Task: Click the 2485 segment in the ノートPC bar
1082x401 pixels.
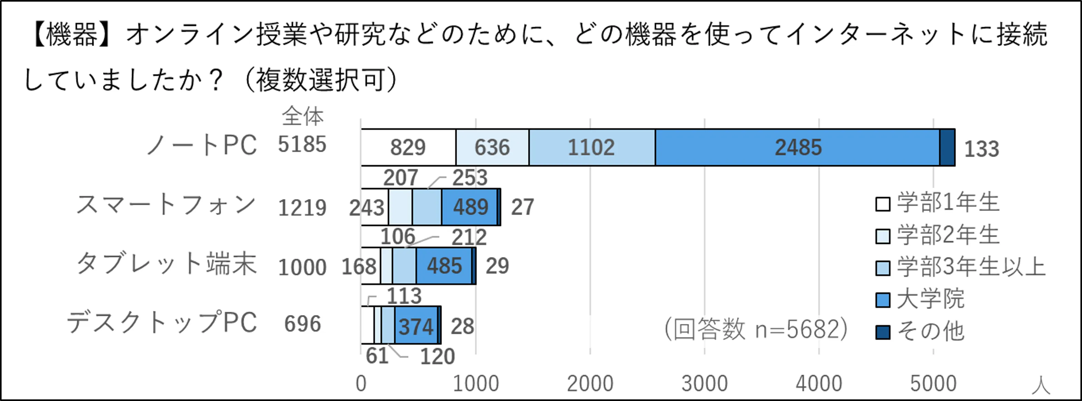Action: coord(797,148)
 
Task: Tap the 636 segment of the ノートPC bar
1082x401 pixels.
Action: coord(492,148)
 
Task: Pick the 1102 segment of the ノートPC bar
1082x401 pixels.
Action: coord(592,148)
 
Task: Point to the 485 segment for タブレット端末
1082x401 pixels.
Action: coord(444,266)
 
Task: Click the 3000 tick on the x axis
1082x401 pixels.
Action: coord(704,383)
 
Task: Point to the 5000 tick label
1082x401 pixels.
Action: coord(933,383)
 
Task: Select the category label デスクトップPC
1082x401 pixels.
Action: coord(162,323)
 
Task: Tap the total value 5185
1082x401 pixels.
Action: coord(302,145)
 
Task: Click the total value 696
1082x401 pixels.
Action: coord(302,324)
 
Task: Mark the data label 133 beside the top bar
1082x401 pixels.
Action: coord(981,149)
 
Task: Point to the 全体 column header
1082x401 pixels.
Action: coord(302,116)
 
